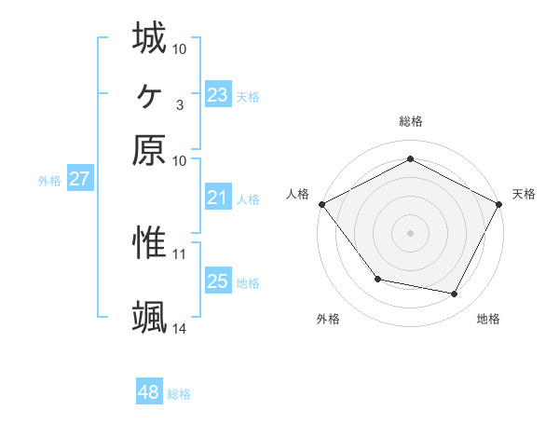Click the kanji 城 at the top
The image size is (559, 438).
(149, 38)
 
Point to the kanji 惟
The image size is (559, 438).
(149, 244)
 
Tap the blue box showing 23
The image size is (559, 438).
(217, 94)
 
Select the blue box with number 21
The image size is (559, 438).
(217, 198)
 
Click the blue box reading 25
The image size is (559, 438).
(217, 281)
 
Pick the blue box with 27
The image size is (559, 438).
(79, 180)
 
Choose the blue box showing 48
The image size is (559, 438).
(148, 393)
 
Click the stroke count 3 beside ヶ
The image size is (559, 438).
(179, 104)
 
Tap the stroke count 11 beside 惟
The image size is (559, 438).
(179, 253)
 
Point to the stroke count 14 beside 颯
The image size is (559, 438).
(179, 328)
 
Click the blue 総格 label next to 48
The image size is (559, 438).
(179, 394)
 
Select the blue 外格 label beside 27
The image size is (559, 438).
(48, 181)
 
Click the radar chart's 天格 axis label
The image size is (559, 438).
(524, 194)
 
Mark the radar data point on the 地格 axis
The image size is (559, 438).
(455, 294)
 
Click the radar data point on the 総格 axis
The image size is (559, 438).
(410, 158)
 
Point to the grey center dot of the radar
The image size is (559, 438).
(410, 232)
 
